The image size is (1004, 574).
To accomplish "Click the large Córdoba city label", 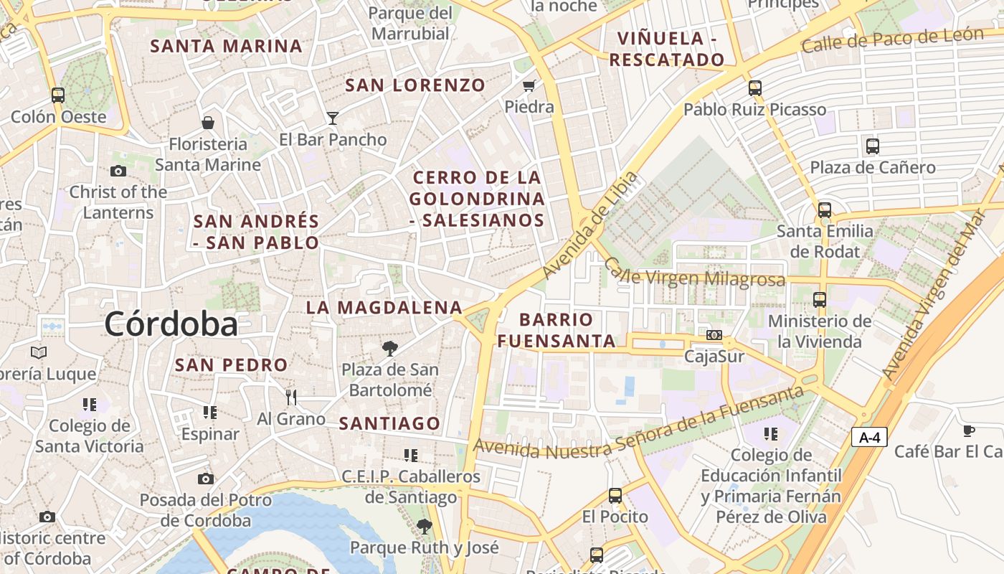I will (171, 324).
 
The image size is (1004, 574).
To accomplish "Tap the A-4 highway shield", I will (869, 436).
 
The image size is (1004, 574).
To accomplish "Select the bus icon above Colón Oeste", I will (58, 95).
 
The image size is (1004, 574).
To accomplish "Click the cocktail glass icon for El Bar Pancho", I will (333, 118).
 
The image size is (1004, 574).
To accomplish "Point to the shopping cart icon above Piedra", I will (529, 86).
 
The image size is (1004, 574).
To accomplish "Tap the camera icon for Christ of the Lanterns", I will (118, 171).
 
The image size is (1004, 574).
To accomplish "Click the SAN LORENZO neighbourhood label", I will (415, 85).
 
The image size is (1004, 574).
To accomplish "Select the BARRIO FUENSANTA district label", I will (557, 330).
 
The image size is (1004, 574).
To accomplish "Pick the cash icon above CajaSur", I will (714, 335).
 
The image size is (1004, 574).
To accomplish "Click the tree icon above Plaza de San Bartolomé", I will (390, 349).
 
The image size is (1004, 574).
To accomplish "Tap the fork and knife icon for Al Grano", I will (291, 397).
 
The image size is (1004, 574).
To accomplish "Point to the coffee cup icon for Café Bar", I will (968, 430).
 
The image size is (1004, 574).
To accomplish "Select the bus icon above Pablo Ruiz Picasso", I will (754, 88).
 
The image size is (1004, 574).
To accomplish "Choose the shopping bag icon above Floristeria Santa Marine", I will (208, 123).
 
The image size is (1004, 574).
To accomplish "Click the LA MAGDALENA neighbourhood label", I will (384, 308).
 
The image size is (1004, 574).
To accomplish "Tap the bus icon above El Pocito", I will (615, 495).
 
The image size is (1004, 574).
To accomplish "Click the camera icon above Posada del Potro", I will (206, 479).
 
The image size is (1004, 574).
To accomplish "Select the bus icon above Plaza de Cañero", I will (872, 146).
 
